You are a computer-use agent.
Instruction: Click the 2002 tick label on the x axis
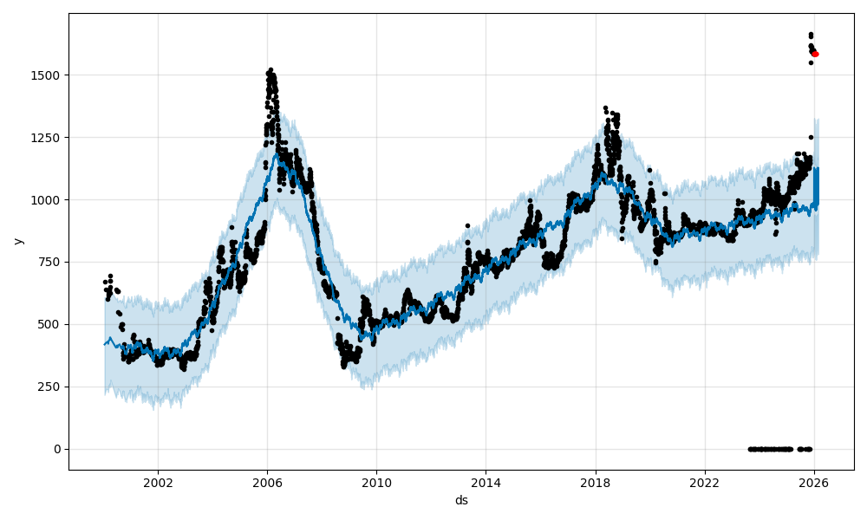158,483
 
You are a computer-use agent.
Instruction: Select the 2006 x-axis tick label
267,483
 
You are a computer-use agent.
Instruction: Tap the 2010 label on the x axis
376,483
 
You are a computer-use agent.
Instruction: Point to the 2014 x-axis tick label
486,483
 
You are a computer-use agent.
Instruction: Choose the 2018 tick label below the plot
595,483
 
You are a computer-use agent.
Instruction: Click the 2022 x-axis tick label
704,483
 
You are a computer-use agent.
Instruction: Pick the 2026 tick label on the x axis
813,483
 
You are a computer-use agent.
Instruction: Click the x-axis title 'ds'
461,500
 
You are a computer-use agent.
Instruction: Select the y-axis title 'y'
16,241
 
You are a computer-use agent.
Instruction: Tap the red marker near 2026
815,54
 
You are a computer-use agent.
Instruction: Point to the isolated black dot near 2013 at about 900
467,225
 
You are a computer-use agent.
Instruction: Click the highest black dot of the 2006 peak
271,69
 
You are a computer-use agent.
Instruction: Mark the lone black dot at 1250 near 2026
811,137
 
